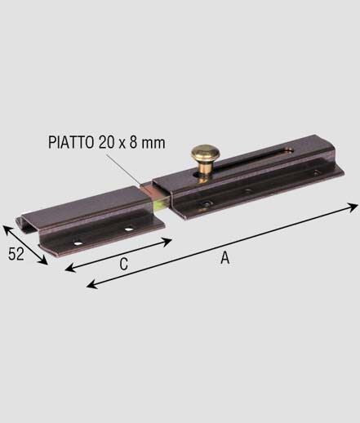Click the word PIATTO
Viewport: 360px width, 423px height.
pyautogui.click(x=71, y=142)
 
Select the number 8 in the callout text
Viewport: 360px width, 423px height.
pyautogui.click(x=133, y=142)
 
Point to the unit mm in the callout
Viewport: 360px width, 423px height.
pyautogui.click(x=153, y=144)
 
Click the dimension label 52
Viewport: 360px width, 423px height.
pyautogui.click(x=16, y=254)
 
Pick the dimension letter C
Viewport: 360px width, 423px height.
pyautogui.click(x=124, y=264)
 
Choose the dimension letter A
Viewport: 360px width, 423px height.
pyautogui.click(x=225, y=257)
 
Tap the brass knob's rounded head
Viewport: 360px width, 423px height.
pyautogui.click(x=206, y=153)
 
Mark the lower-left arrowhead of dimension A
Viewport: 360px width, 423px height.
pyautogui.click(x=91, y=285)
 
